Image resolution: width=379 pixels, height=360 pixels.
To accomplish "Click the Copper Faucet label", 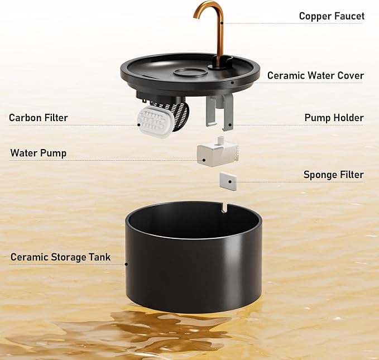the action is click(x=332, y=16).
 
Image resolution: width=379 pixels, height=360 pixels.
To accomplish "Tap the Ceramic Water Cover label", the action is click(x=315, y=75).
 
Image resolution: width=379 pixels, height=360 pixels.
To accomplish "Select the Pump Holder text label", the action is click(x=334, y=118).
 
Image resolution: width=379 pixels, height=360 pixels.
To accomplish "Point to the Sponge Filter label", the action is click(x=334, y=175).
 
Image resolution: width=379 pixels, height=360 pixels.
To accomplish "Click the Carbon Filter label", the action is click(x=39, y=118).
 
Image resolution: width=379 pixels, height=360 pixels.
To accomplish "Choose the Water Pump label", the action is click(x=38, y=153).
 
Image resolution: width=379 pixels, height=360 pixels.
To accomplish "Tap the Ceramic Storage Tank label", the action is click(x=60, y=257).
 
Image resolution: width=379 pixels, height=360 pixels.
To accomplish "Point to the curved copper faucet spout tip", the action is click(x=195, y=16).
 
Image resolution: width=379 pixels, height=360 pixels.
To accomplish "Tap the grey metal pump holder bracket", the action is click(x=219, y=111).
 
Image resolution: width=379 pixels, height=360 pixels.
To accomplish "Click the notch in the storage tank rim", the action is click(x=224, y=208).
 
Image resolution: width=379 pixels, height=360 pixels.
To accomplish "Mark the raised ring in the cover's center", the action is click(x=190, y=72).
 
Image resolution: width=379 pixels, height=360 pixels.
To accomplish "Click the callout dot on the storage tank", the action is click(x=126, y=264).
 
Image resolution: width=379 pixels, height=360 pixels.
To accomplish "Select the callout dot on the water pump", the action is click(x=204, y=160).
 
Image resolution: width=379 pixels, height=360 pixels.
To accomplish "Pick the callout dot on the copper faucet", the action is click(x=222, y=23).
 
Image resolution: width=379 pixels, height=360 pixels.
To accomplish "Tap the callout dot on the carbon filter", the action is click(x=139, y=125).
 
